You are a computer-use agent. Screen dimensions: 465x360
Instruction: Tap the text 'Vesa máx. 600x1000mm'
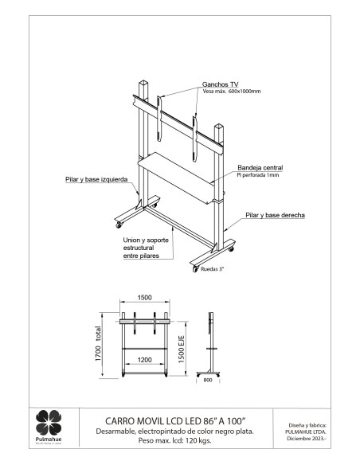pos(233,92)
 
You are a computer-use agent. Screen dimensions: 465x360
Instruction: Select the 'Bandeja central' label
pos(260,168)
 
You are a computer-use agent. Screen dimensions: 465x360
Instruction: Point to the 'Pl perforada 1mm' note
pos(257,175)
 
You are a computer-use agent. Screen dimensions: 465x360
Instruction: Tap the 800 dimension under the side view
pos(209,381)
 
